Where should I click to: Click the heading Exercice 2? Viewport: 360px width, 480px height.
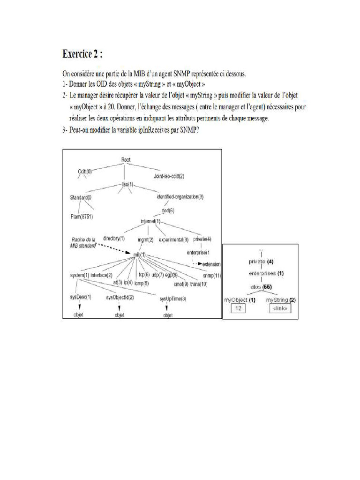[x=82, y=54]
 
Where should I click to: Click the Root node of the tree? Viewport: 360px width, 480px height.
[x=126, y=160]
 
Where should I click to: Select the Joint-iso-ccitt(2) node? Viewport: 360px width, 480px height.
[x=169, y=176]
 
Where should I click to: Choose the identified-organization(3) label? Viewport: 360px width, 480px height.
[x=180, y=196]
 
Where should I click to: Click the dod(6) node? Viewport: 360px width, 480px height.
[x=168, y=210]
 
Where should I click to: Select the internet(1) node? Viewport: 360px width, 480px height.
[x=150, y=221]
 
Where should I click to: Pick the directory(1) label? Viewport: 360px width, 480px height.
[x=113, y=239]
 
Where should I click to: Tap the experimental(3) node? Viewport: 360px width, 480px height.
[x=173, y=240]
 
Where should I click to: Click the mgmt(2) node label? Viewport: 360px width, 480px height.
[x=145, y=240]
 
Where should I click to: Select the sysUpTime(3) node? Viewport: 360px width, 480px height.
[x=172, y=299]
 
